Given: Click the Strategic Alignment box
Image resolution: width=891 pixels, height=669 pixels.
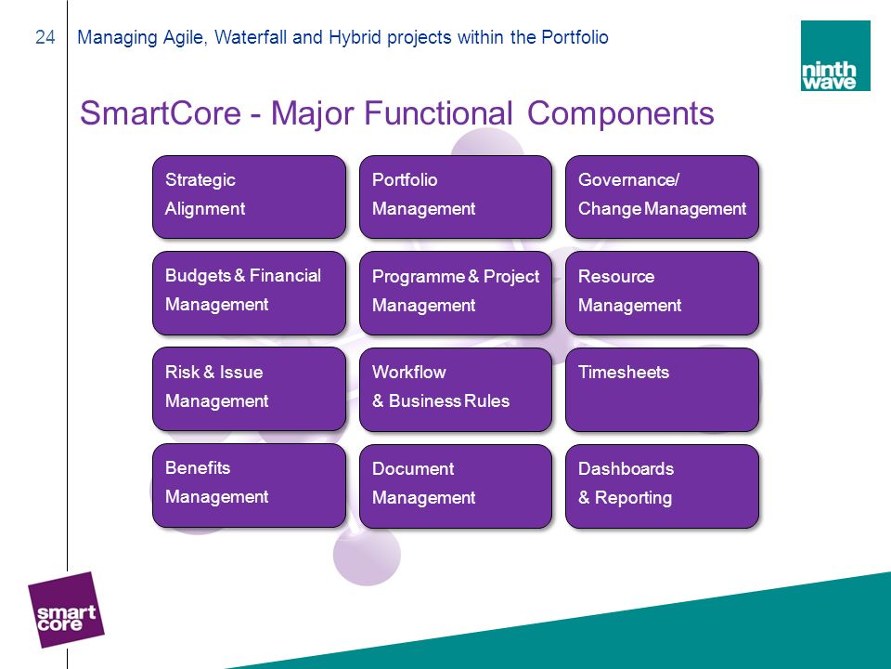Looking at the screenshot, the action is (x=249, y=197).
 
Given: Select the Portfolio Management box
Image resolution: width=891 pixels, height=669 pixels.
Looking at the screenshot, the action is (x=456, y=197).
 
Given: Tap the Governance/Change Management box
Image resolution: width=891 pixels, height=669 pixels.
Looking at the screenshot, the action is (x=662, y=197).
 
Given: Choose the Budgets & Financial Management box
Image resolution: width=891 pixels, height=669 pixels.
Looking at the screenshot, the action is (x=249, y=293).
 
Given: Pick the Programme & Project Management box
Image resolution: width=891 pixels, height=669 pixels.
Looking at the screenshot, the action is (x=456, y=293).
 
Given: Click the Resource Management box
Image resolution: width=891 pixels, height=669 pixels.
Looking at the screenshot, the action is (x=662, y=293).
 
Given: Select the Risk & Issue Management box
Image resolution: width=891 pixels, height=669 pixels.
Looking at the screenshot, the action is (x=249, y=389).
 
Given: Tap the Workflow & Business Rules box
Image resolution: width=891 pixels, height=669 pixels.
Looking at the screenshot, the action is (x=456, y=389).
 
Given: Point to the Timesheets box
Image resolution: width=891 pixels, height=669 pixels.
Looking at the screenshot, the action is (x=662, y=389).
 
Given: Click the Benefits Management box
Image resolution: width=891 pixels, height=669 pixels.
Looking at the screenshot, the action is (x=249, y=485).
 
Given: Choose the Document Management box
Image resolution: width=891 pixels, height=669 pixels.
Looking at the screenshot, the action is (x=456, y=486).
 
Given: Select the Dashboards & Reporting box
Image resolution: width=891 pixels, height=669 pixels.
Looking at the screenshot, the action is (x=662, y=486).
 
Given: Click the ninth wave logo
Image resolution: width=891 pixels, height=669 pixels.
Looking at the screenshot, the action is (x=835, y=56).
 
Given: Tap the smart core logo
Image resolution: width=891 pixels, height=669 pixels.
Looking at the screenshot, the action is (x=66, y=610).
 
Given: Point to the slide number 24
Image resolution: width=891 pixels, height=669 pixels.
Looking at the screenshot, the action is (x=45, y=37).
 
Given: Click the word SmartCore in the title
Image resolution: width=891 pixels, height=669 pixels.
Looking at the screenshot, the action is (x=161, y=112).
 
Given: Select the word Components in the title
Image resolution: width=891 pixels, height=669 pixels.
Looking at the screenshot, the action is (x=621, y=113).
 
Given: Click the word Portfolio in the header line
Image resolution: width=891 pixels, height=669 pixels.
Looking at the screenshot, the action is (x=575, y=37).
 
